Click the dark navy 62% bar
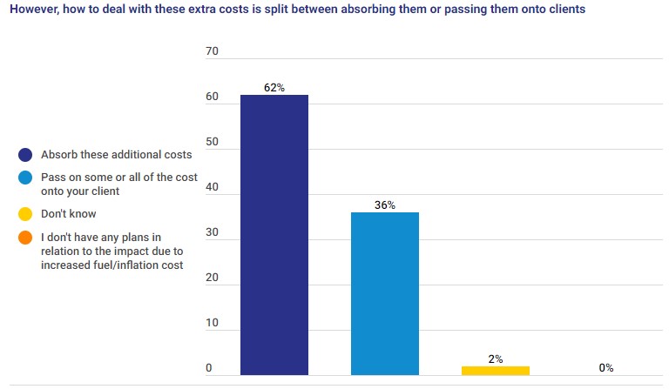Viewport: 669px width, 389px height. click(274, 235)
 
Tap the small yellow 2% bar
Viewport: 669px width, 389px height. click(496, 370)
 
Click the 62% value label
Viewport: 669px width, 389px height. click(274, 88)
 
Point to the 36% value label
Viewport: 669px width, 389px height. click(385, 205)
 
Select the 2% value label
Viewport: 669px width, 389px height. click(496, 359)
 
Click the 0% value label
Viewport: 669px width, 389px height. click(605, 368)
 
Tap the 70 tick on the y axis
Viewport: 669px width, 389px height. click(212, 52)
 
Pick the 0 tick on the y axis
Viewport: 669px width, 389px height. click(209, 369)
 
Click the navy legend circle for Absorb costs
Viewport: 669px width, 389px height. click(25, 155)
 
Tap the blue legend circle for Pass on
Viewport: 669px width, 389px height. click(25, 178)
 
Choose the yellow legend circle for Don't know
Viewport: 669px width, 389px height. click(25, 214)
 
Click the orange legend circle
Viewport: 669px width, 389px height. click(25, 237)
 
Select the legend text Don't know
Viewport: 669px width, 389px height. click(69, 214)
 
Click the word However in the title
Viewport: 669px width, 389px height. click(34, 10)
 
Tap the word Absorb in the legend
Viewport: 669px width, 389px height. click(58, 155)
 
